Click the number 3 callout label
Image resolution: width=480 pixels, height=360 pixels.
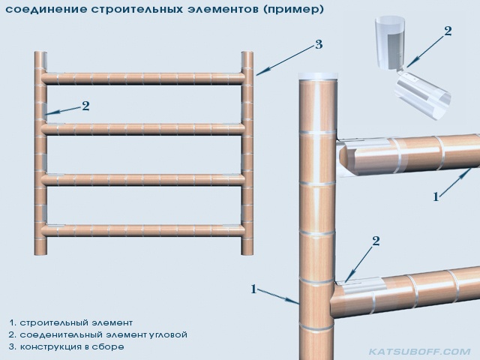[x=318, y=45]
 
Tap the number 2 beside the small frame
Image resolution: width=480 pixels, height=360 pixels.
[x=85, y=106]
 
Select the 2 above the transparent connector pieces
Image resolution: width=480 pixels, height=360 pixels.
[x=448, y=31]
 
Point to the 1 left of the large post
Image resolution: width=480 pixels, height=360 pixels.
[x=253, y=288]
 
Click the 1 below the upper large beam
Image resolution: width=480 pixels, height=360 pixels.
[x=436, y=196]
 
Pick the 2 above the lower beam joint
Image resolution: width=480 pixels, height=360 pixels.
[x=376, y=241]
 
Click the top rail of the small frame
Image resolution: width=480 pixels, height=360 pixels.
[x=142, y=77]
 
